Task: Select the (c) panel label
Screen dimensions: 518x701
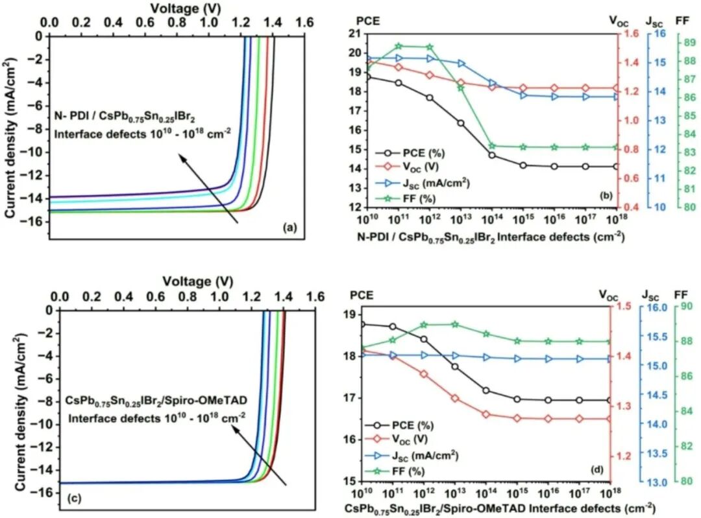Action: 72,498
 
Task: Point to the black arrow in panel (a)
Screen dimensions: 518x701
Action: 209,189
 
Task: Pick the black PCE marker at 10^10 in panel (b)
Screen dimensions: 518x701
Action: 369,77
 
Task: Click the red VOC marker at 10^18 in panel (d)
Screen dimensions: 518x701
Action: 611,419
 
